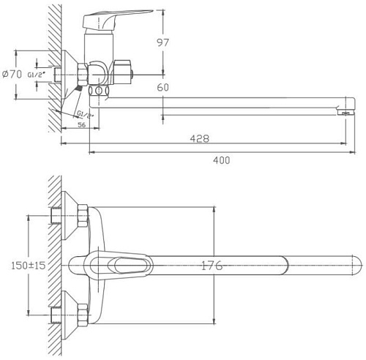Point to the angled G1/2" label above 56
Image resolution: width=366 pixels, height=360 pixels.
[85, 115]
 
